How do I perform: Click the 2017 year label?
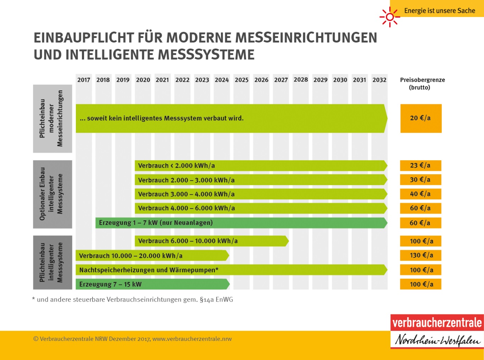(84, 80)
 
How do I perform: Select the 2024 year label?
(222, 80)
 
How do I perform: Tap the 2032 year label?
(379, 80)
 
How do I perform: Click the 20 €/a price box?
(421, 118)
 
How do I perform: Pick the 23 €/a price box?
(421, 165)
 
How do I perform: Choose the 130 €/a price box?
(421, 255)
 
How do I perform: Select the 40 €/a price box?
(421, 194)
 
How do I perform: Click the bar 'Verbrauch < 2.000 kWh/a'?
(261, 166)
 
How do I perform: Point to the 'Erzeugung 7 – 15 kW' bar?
(152, 284)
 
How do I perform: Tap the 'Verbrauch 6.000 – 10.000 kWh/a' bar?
(211, 241)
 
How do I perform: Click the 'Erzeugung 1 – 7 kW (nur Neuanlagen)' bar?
(241, 223)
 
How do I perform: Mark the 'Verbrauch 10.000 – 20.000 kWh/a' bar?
(152, 255)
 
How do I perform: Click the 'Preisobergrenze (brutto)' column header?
(422, 83)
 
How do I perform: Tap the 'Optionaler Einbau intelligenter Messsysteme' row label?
(52, 194)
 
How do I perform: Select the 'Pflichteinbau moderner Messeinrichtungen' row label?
(52, 118)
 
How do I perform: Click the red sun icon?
(389, 17)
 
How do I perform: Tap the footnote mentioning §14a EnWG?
(133, 300)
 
